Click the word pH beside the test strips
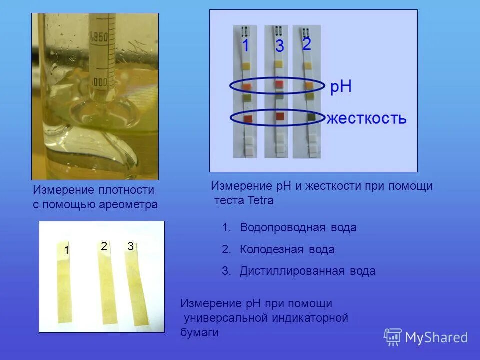click(341, 87)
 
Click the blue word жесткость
click(366, 119)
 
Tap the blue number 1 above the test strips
click(246, 46)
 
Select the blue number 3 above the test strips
click(280, 46)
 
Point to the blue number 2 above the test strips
click(307, 44)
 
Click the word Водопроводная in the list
click(283, 228)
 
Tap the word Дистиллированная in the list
click(291, 271)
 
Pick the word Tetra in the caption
click(260, 200)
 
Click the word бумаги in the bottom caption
click(200, 332)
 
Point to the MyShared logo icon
click(393, 337)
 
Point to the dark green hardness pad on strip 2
click(311, 117)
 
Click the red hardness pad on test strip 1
click(248, 118)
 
